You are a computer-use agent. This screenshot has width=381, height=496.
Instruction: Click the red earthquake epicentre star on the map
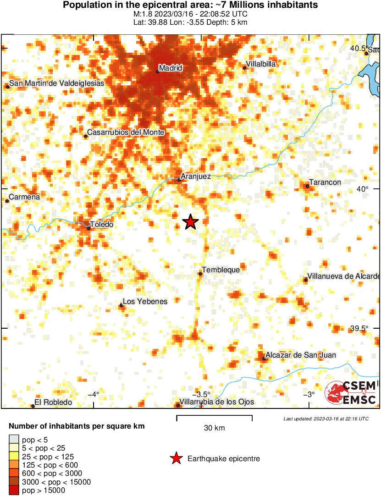(x=190, y=222)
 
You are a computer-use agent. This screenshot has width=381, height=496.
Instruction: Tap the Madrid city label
(x=171, y=68)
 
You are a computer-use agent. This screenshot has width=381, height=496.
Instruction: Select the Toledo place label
(x=101, y=225)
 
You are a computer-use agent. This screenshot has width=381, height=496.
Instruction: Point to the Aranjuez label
(x=196, y=176)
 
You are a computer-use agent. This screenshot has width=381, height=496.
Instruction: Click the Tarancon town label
(x=325, y=182)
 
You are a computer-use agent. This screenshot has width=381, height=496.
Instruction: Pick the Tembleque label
(x=221, y=270)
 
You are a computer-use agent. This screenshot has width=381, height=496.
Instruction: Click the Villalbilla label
(x=261, y=64)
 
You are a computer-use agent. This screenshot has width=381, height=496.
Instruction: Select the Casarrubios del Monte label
(x=126, y=132)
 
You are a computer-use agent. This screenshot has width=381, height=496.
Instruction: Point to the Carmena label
(x=25, y=197)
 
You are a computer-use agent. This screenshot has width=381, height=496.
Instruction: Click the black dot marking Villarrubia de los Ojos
(x=178, y=405)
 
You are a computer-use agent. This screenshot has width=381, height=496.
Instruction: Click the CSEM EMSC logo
(x=351, y=393)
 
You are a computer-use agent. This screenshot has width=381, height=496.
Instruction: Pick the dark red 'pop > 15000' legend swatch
(x=14, y=490)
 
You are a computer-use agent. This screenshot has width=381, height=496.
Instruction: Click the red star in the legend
(x=176, y=458)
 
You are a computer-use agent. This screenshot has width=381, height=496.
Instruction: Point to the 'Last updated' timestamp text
(x=326, y=419)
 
